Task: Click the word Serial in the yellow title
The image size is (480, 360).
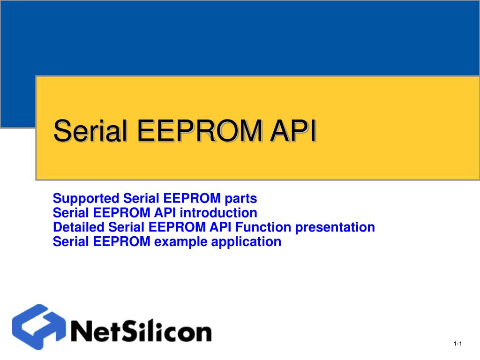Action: point(91,131)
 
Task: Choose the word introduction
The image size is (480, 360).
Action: point(218,213)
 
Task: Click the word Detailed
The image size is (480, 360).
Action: point(79,227)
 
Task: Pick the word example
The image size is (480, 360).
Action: point(180,242)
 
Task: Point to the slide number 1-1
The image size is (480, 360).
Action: point(458,345)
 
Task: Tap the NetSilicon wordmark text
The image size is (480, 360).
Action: point(141,331)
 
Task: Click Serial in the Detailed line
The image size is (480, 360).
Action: point(127,227)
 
